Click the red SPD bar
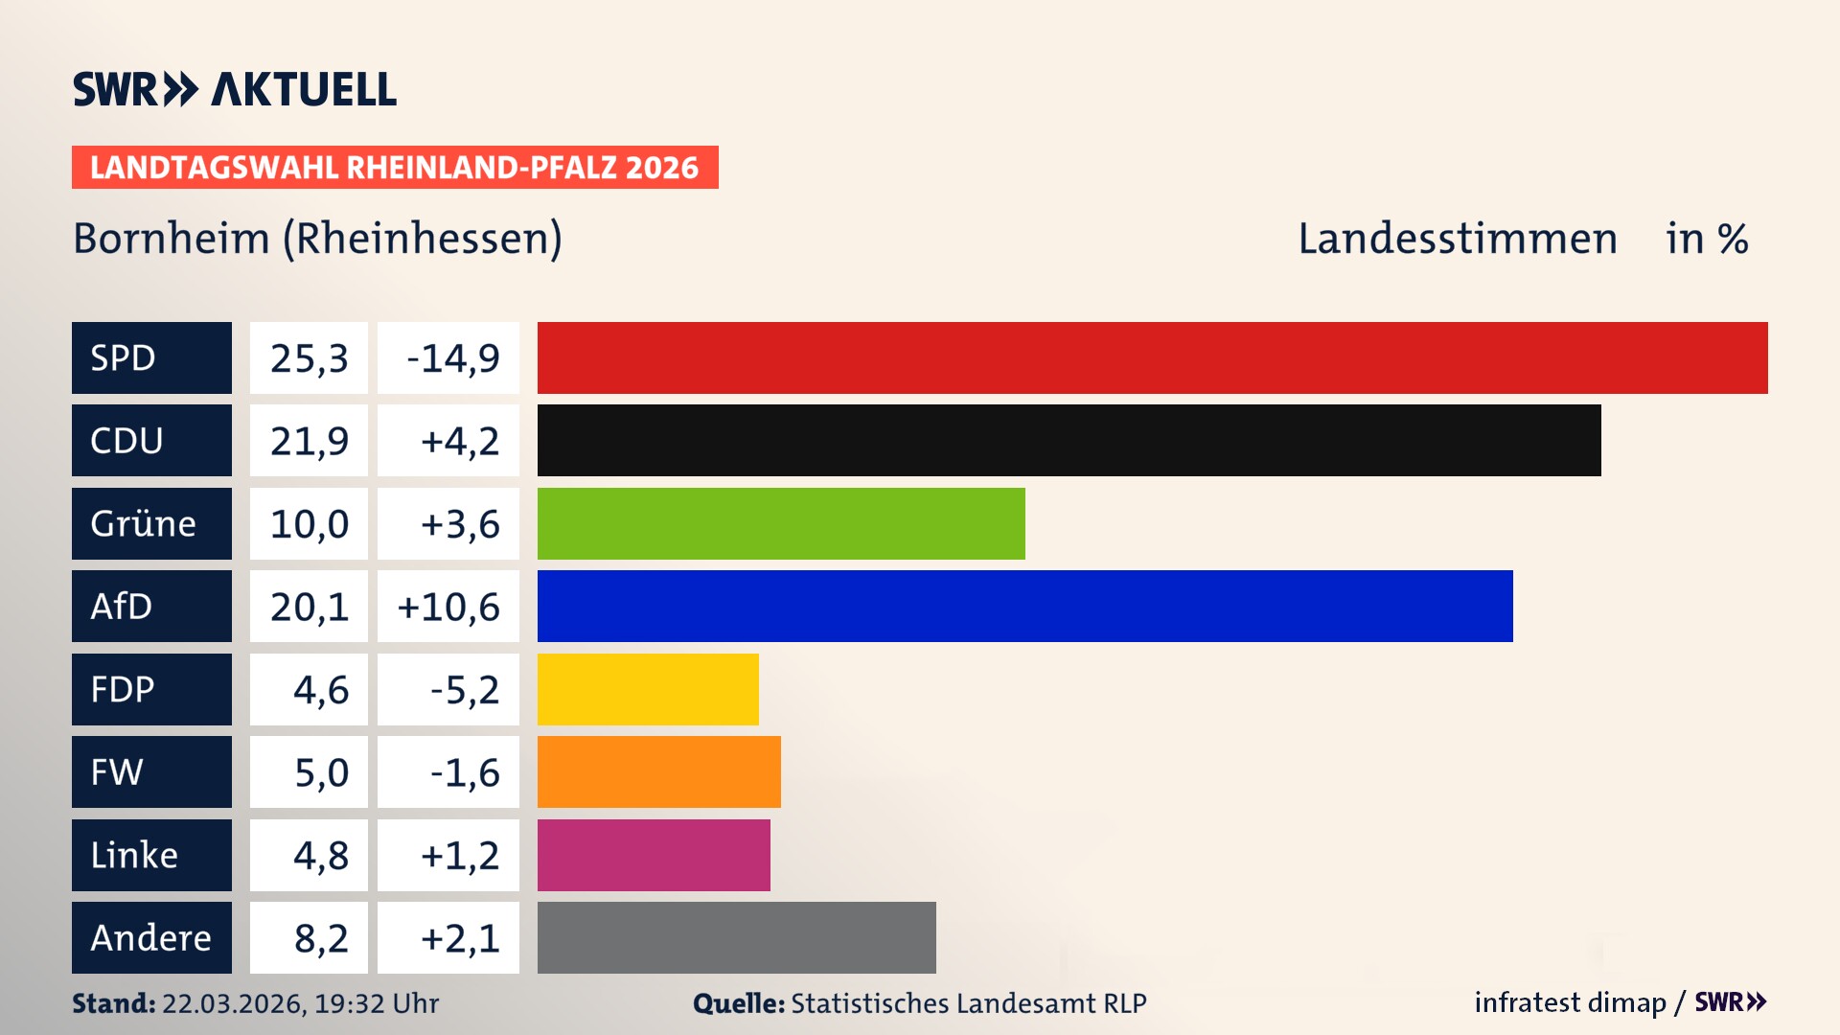pos(1152,357)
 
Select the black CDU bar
pos(1069,440)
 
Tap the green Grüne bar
pos(781,523)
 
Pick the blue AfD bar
pos(1024,606)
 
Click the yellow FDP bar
pos(648,689)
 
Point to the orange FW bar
pos(658,771)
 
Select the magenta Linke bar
pos(654,855)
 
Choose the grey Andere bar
pos(736,937)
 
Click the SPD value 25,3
pos(309,358)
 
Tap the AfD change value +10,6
pos(448,607)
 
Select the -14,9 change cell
pos(448,358)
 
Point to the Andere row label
pos(151,937)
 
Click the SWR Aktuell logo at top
pos(234,89)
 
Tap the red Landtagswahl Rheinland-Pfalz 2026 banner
pos(395,168)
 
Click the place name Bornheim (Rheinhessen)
pos(317,239)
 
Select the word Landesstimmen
pos(1457,239)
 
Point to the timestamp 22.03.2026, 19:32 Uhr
pos(300,1003)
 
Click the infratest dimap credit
pos(1570,1002)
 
